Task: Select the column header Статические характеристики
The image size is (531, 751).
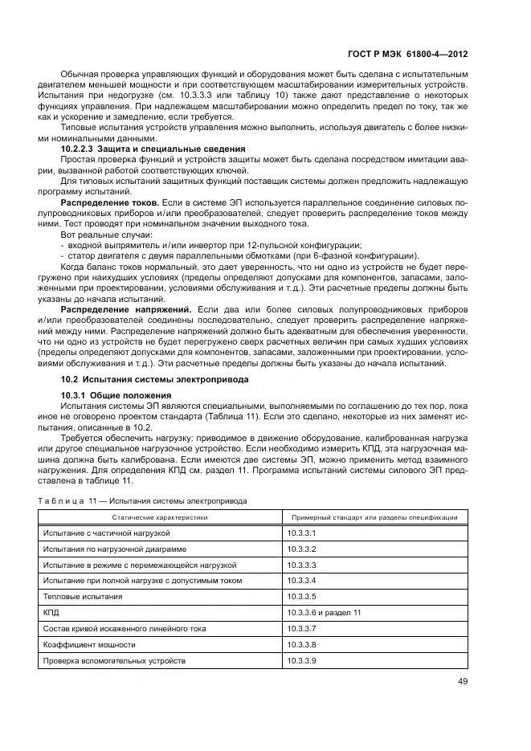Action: coord(159,517)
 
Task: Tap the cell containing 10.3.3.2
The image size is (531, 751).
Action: coord(301,549)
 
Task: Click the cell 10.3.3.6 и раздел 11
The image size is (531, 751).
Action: coord(324,612)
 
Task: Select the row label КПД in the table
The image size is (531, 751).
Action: coord(51,612)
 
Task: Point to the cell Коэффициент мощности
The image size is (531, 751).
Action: coord(89,644)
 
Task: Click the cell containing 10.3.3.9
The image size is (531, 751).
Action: coord(301,660)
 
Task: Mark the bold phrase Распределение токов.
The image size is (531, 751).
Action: coord(109,203)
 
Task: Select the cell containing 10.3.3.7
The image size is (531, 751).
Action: coord(301,628)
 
